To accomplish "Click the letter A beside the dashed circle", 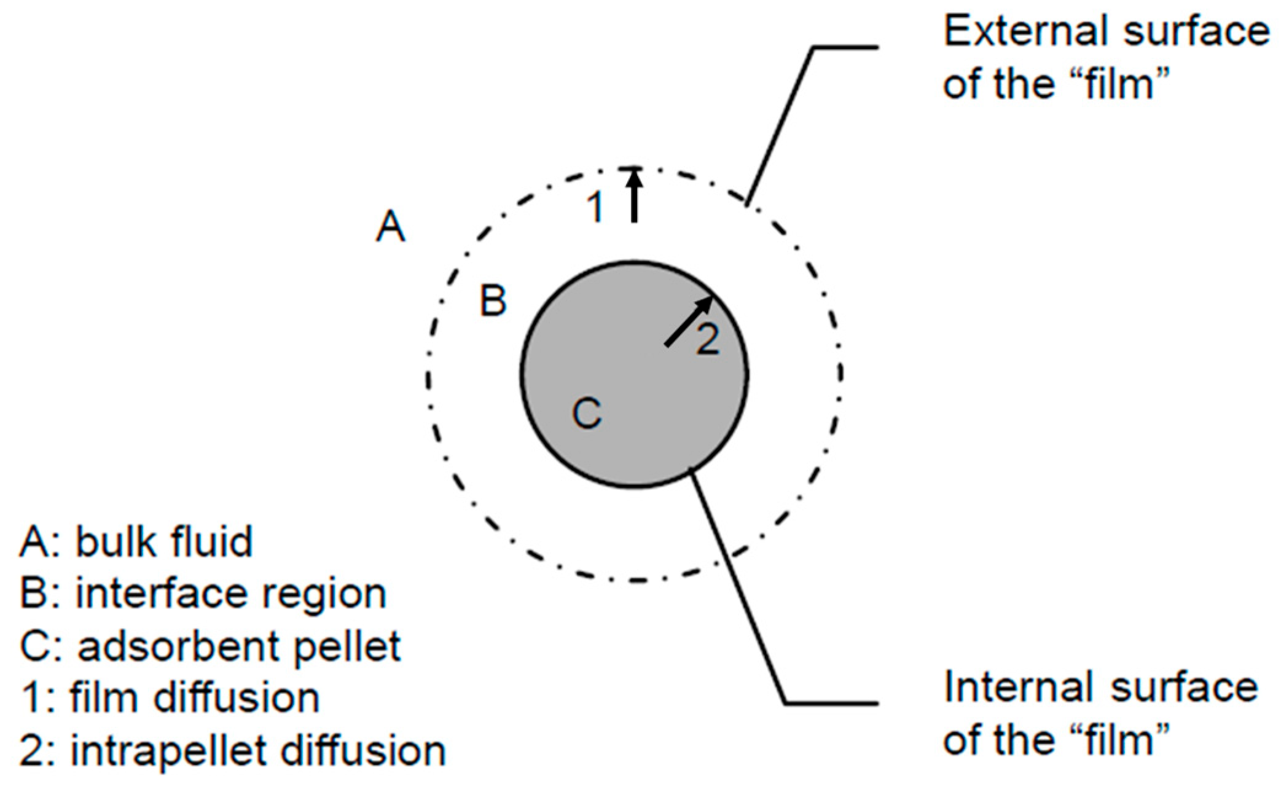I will (391, 226).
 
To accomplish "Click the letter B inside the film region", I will (493, 301).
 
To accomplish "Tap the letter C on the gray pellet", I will (587, 413).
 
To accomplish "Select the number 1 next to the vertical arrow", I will (595, 207).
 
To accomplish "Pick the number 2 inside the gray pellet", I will (707, 339).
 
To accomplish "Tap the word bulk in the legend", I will (110, 542).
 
